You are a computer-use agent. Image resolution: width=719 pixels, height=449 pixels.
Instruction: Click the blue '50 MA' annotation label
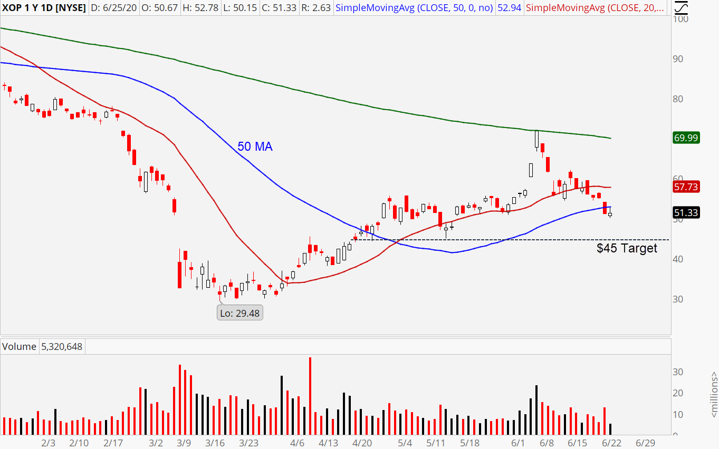click(x=255, y=147)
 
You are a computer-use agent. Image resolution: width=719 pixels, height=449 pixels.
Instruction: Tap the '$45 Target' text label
click(x=627, y=248)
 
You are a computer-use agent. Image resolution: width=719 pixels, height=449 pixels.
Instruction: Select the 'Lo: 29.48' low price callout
click(x=240, y=313)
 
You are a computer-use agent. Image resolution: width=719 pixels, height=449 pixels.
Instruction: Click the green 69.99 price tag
click(x=686, y=138)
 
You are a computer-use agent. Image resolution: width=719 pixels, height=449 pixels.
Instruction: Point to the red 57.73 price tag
click(x=686, y=187)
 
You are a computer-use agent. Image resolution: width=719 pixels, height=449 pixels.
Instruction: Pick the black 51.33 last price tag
click(x=686, y=213)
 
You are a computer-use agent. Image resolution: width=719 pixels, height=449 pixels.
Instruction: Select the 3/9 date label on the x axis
click(x=184, y=443)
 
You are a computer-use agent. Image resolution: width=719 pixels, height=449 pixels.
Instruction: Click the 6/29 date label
click(x=645, y=443)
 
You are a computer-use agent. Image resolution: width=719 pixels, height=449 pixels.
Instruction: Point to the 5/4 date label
click(x=405, y=443)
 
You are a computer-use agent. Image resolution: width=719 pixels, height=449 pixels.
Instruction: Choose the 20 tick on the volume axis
click(x=677, y=393)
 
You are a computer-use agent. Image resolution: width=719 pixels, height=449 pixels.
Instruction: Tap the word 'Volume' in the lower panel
click(x=20, y=347)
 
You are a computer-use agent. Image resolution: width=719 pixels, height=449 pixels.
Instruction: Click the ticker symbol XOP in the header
click(x=12, y=8)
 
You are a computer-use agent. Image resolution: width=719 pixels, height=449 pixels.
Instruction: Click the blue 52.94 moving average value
click(x=510, y=8)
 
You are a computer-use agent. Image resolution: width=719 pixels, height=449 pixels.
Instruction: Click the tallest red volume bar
click(x=310, y=395)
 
